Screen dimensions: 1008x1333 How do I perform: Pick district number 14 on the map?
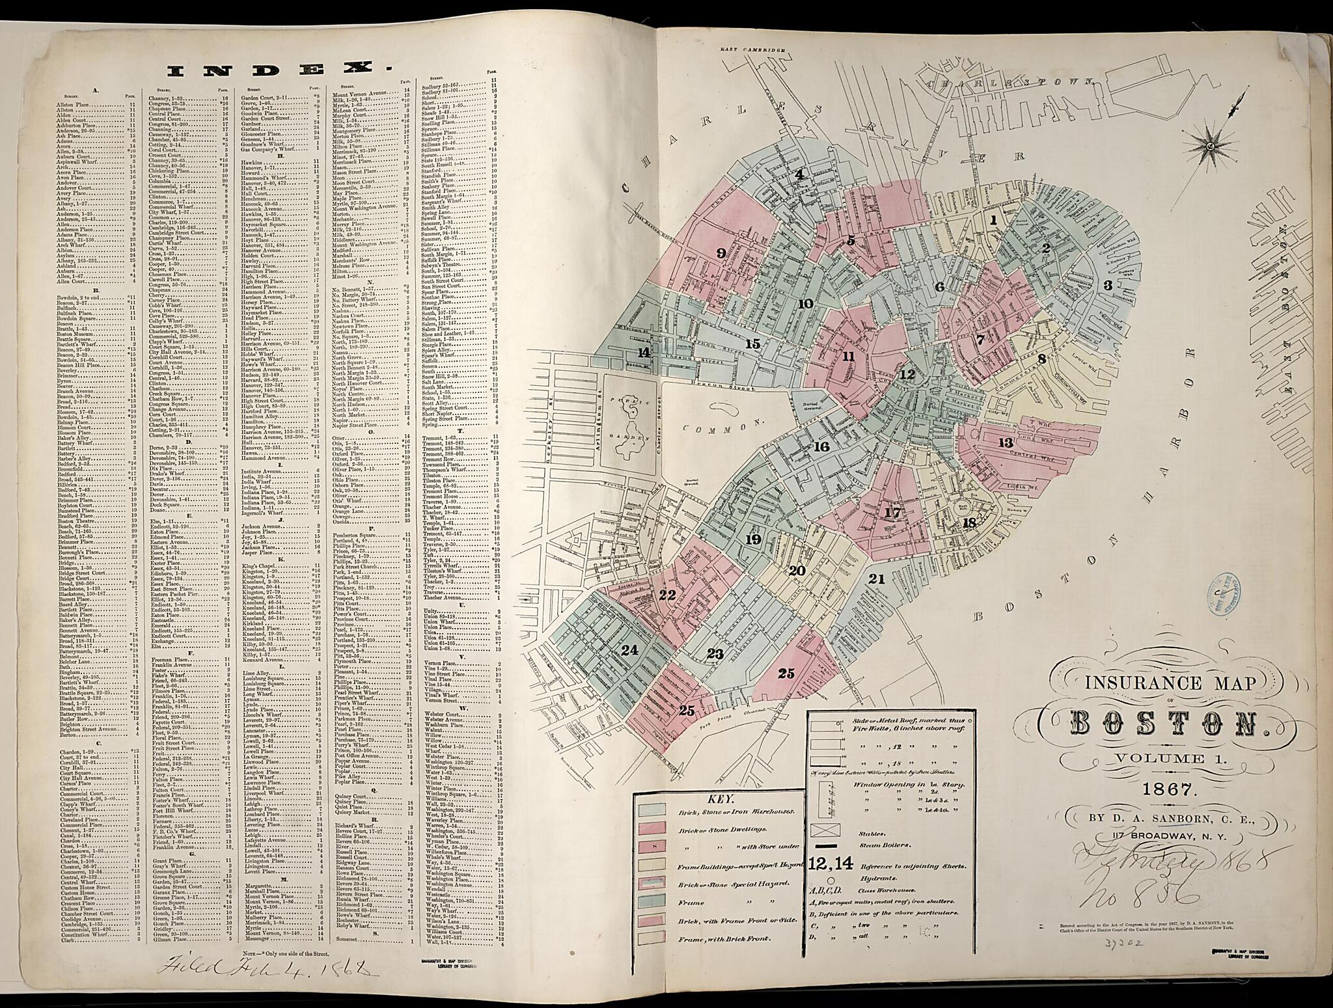(644, 352)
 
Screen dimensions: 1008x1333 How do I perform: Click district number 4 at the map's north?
(799, 174)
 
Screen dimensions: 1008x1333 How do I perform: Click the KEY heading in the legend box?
(719, 798)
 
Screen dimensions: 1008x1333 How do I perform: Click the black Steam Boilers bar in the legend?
(826, 845)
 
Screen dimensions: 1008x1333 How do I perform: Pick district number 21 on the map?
(877, 579)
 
